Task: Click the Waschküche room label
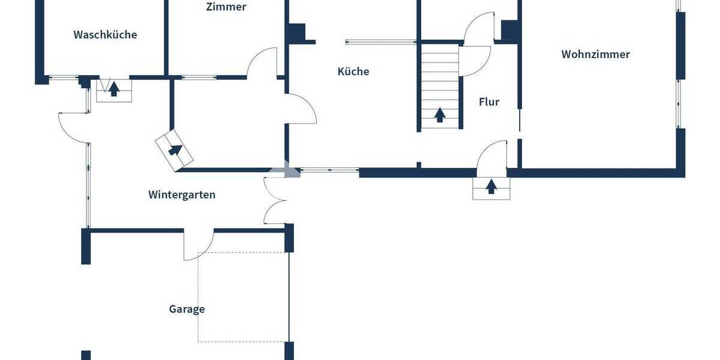[x=105, y=35]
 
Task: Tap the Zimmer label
[x=226, y=7]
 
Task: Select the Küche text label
[x=353, y=71]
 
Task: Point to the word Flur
[x=489, y=102]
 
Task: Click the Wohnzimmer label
[x=595, y=55]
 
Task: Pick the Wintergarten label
[x=182, y=195]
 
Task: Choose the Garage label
[x=187, y=310]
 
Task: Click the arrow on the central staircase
[x=440, y=114]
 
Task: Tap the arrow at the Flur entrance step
[x=491, y=187]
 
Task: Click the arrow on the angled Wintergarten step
[x=175, y=150]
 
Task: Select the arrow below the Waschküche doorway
[x=113, y=90]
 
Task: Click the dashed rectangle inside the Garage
[x=244, y=297]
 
